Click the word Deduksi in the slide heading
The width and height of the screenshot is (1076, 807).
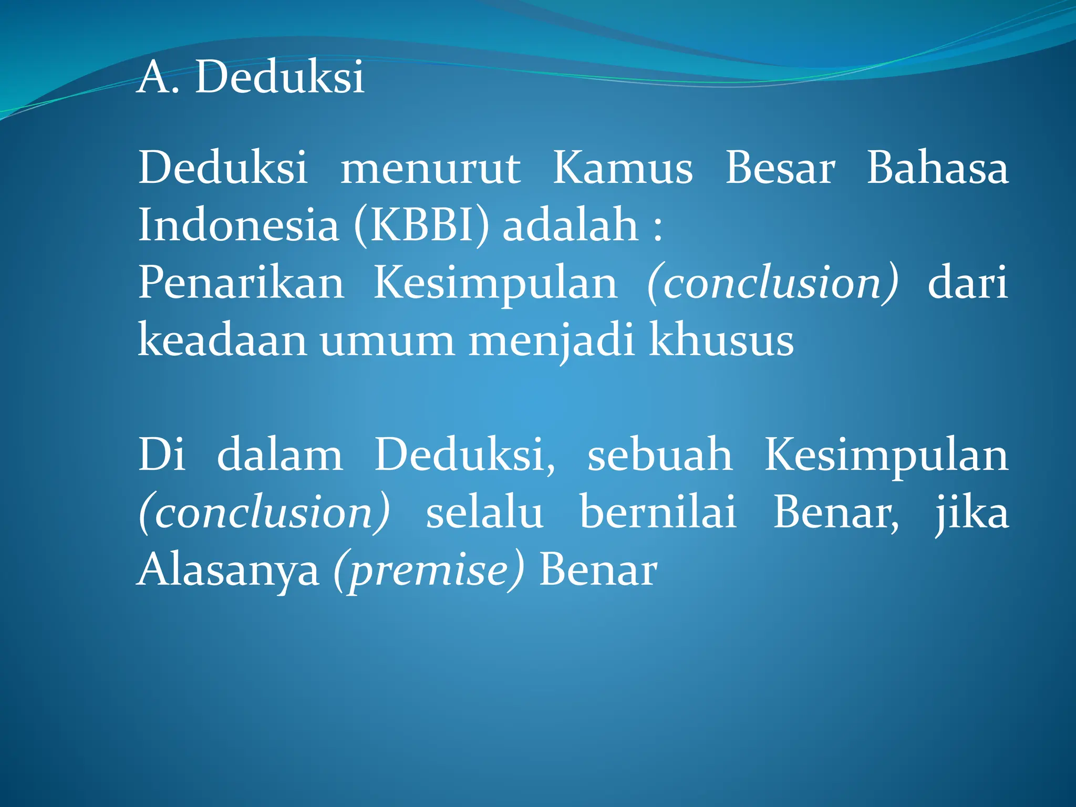(280, 77)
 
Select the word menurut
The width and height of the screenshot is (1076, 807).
(430, 168)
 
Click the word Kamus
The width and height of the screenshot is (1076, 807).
(623, 168)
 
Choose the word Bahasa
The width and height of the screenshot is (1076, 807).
(937, 168)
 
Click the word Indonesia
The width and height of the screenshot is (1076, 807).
(239, 225)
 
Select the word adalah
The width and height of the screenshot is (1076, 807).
(570, 225)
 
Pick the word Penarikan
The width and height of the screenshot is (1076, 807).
(241, 283)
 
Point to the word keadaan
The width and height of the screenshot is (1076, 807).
(222, 340)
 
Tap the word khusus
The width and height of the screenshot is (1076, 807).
(721, 340)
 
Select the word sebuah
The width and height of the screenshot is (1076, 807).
(659, 455)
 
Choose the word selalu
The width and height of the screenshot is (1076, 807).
(484, 512)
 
